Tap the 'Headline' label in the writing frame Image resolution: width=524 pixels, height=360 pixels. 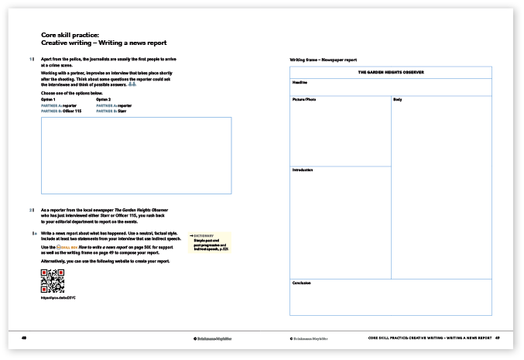click(300, 81)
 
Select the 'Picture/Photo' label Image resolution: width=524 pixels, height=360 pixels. click(304, 100)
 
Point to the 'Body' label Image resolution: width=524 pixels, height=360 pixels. click(398, 100)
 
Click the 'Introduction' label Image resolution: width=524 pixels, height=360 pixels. click(303, 170)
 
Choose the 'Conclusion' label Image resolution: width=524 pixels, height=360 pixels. click(301, 283)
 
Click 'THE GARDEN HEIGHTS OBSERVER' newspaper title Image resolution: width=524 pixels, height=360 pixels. click(390, 72)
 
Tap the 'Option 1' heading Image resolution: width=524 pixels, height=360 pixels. click(49, 99)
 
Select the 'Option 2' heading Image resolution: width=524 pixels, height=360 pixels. click(104, 99)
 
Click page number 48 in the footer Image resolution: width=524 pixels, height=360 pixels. click(24, 338)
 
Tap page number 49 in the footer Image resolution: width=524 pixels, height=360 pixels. click(498, 338)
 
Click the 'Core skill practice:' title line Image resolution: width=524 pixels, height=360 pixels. click(70, 35)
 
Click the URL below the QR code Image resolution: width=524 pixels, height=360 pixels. click(58, 298)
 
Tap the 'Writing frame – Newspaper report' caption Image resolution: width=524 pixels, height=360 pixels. click(323, 60)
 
